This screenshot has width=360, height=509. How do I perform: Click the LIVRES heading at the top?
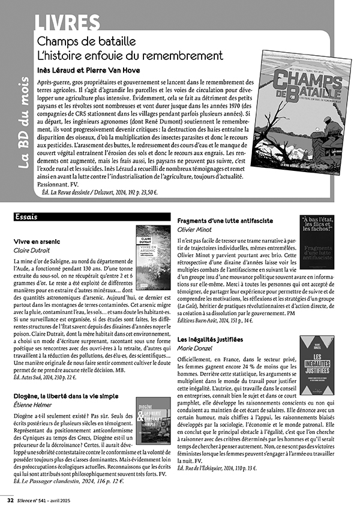click(x=67, y=22)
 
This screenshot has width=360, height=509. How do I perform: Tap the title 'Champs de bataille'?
click(x=86, y=42)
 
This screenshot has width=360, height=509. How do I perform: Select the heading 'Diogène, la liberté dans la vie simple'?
click(x=66, y=396)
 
